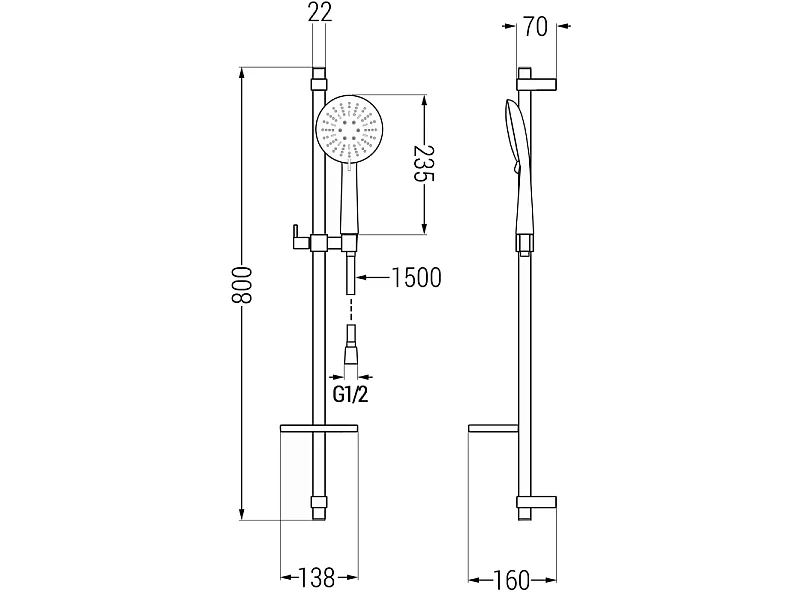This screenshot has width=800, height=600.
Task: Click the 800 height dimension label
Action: point(242,285)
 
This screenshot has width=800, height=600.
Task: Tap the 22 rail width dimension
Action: point(320,12)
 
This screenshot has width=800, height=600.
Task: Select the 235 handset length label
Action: point(423,163)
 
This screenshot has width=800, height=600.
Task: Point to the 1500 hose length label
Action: point(416,278)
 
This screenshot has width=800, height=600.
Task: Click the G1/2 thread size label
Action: point(351,394)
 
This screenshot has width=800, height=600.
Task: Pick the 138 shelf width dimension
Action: point(316,578)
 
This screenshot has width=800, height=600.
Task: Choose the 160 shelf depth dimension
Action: point(512,580)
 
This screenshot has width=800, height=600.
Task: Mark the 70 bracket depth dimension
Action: point(535,27)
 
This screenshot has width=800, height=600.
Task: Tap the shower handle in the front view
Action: point(350,199)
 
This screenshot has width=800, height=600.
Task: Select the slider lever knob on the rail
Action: point(295,237)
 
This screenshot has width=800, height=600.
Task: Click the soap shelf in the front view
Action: point(319,429)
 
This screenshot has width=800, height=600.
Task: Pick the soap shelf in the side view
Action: point(493,429)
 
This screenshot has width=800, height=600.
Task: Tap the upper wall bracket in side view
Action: point(537,85)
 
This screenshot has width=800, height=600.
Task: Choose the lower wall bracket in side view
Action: point(537,502)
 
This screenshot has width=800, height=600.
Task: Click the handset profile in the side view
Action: point(519,168)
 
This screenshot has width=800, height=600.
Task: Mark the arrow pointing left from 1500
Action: point(373,278)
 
